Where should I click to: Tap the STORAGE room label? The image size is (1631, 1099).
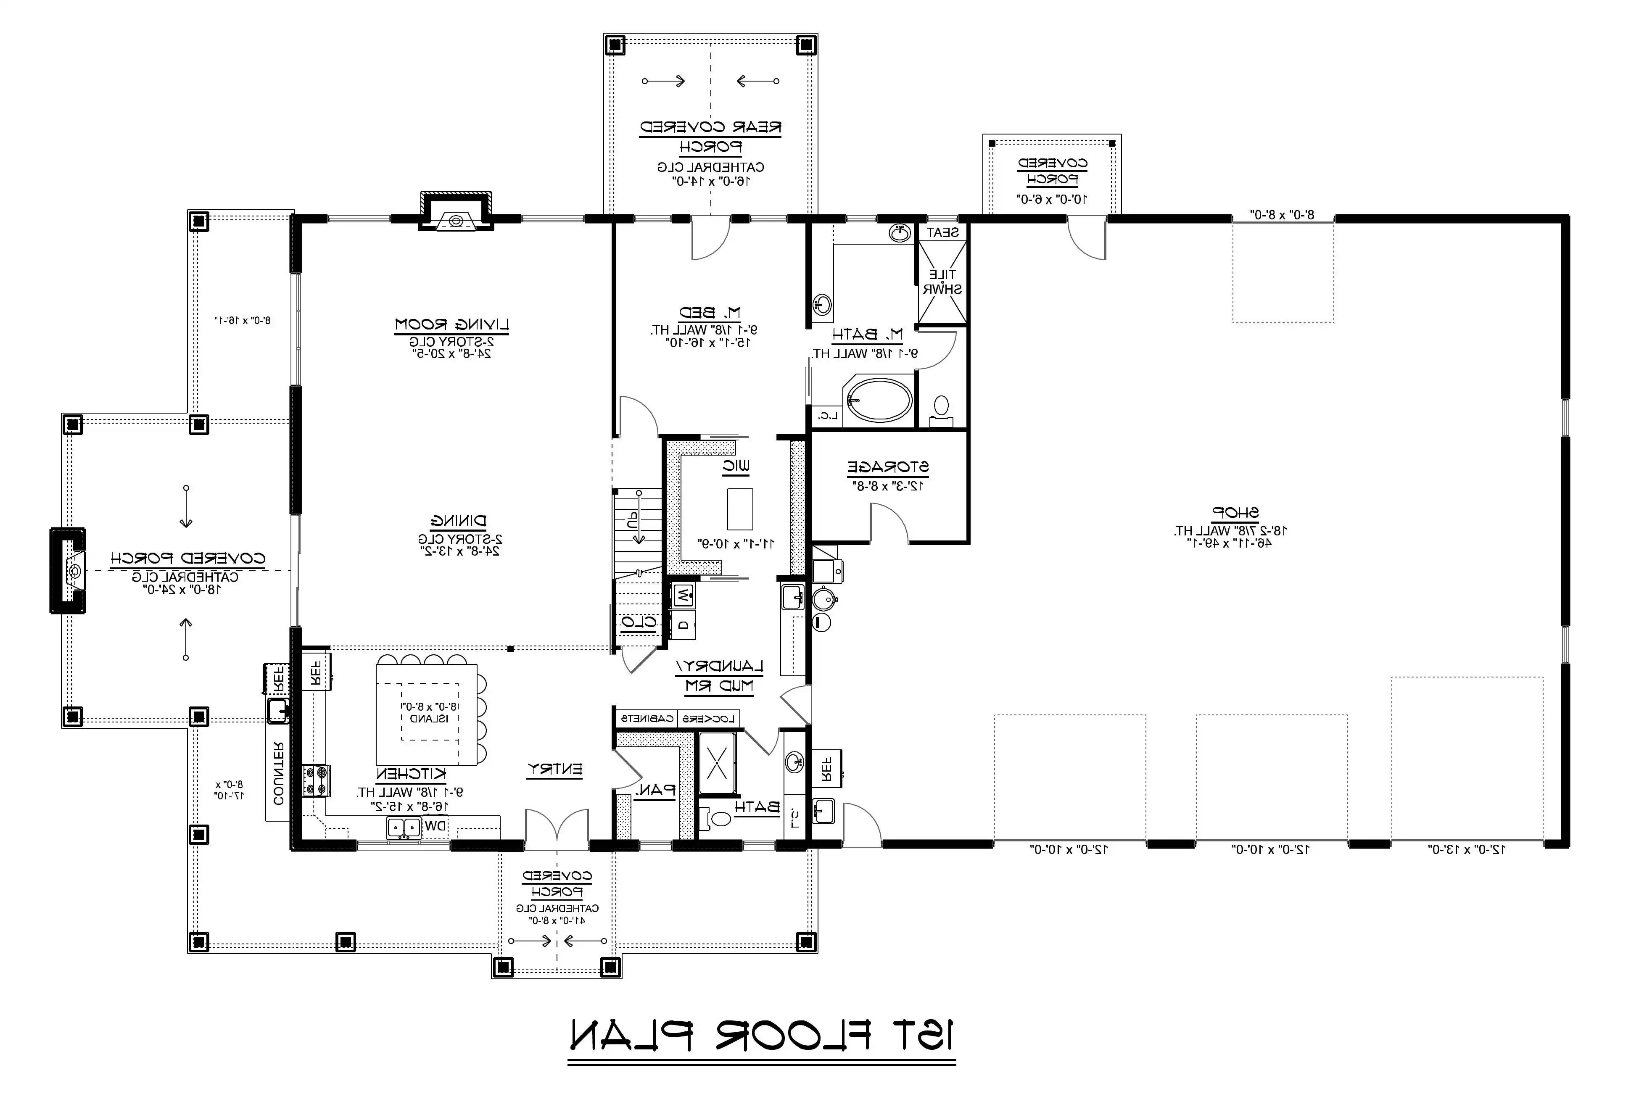click(888, 467)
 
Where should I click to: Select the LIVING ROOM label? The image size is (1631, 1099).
click(452, 324)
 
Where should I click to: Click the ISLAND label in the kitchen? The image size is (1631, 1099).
click(424, 718)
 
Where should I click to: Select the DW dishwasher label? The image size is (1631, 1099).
click(435, 826)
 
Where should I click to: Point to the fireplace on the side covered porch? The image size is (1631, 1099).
click(68, 571)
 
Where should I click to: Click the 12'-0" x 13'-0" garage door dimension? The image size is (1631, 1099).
click(1466, 849)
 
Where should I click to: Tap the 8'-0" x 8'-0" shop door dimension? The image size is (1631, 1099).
click(1282, 214)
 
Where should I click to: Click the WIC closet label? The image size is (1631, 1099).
click(736, 465)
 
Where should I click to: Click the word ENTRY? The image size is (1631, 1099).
click(554, 770)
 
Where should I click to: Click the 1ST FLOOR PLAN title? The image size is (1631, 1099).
click(762, 1035)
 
